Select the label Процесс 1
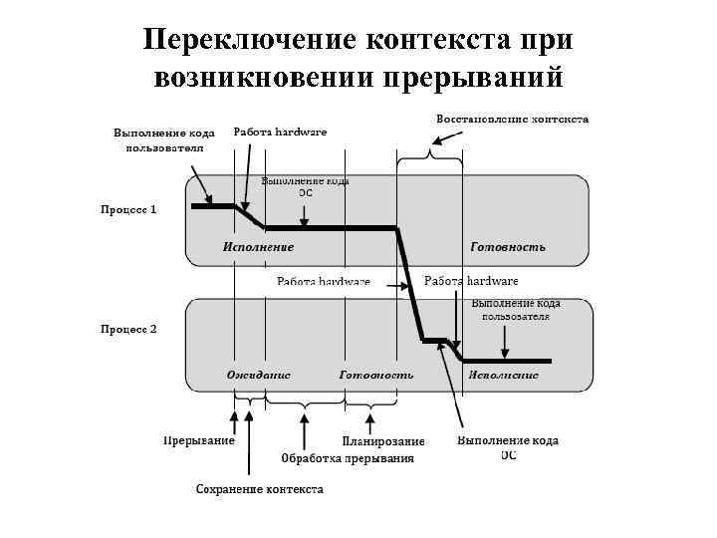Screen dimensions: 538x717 click(x=128, y=210)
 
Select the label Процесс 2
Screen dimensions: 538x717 click(x=128, y=329)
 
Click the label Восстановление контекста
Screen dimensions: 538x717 click(x=512, y=119)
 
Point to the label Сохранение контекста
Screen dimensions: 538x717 click(x=259, y=489)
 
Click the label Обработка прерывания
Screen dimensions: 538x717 click(x=347, y=458)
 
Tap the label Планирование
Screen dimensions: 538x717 click(x=383, y=440)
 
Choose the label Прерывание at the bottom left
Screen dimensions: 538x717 click(x=199, y=440)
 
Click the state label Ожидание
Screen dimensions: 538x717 click(x=259, y=375)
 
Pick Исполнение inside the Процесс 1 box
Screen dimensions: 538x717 click(x=258, y=245)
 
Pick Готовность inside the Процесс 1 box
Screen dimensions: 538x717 click(x=507, y=245)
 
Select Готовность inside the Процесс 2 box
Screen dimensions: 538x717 click(x=376, y=375)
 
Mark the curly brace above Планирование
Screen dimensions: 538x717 click(x=370, y=403)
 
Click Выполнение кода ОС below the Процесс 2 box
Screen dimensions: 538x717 click(x=508, y=447)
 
